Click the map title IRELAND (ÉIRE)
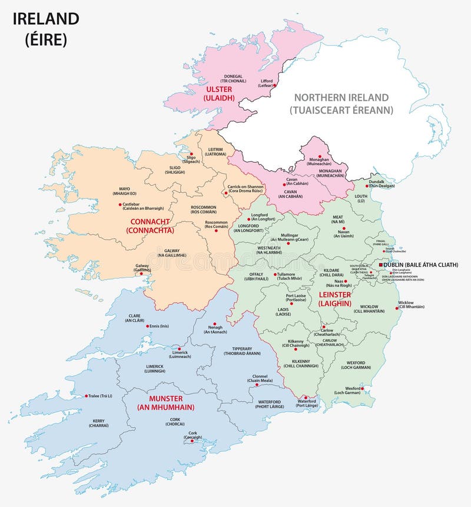click(x=46, y=29)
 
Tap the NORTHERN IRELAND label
click(x=341, y=104)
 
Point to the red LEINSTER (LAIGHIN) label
click(x=334, y=299)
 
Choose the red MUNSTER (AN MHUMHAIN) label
click(x=165, y=403)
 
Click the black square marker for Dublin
click(x=382, y=265)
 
